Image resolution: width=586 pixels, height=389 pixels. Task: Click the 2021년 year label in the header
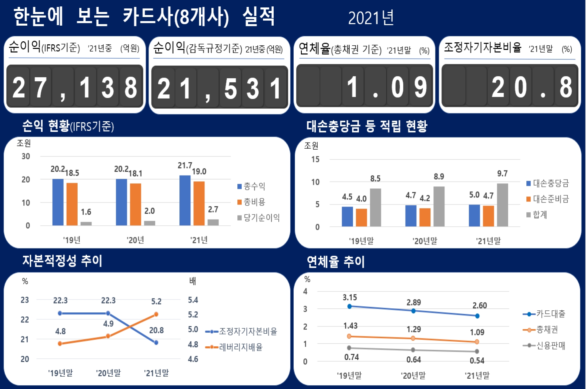[371, 18]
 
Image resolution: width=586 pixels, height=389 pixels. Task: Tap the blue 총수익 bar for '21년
[185, 200]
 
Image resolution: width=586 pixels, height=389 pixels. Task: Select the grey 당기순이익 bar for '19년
[86, 223]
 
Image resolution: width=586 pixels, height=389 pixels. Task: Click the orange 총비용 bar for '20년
[136, 204]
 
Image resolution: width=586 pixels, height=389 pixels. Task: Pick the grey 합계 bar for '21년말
[502, 205]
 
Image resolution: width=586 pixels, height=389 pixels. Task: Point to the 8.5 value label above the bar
[375, 179]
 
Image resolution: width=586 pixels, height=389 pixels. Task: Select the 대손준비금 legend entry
[548, 199]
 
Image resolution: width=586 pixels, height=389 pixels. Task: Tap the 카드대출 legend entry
[544, 314]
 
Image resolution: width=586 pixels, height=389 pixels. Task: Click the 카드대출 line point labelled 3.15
[350, 306]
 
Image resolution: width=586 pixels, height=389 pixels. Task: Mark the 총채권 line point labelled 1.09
[477, 342]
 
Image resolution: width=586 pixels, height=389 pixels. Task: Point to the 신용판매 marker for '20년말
[413, 350]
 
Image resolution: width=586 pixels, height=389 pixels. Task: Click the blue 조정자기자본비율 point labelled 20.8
[156, 342]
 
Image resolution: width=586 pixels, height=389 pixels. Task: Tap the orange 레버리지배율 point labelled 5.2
[156, 314]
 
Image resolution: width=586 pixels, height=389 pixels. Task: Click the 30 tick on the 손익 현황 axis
[26, 156]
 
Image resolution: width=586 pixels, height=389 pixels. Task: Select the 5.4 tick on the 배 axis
[193, 300]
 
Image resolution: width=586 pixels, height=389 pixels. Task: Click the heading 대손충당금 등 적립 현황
[367, 126]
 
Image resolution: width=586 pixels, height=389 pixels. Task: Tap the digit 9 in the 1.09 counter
[421, 88]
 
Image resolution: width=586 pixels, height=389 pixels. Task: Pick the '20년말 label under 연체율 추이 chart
[413, 376]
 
